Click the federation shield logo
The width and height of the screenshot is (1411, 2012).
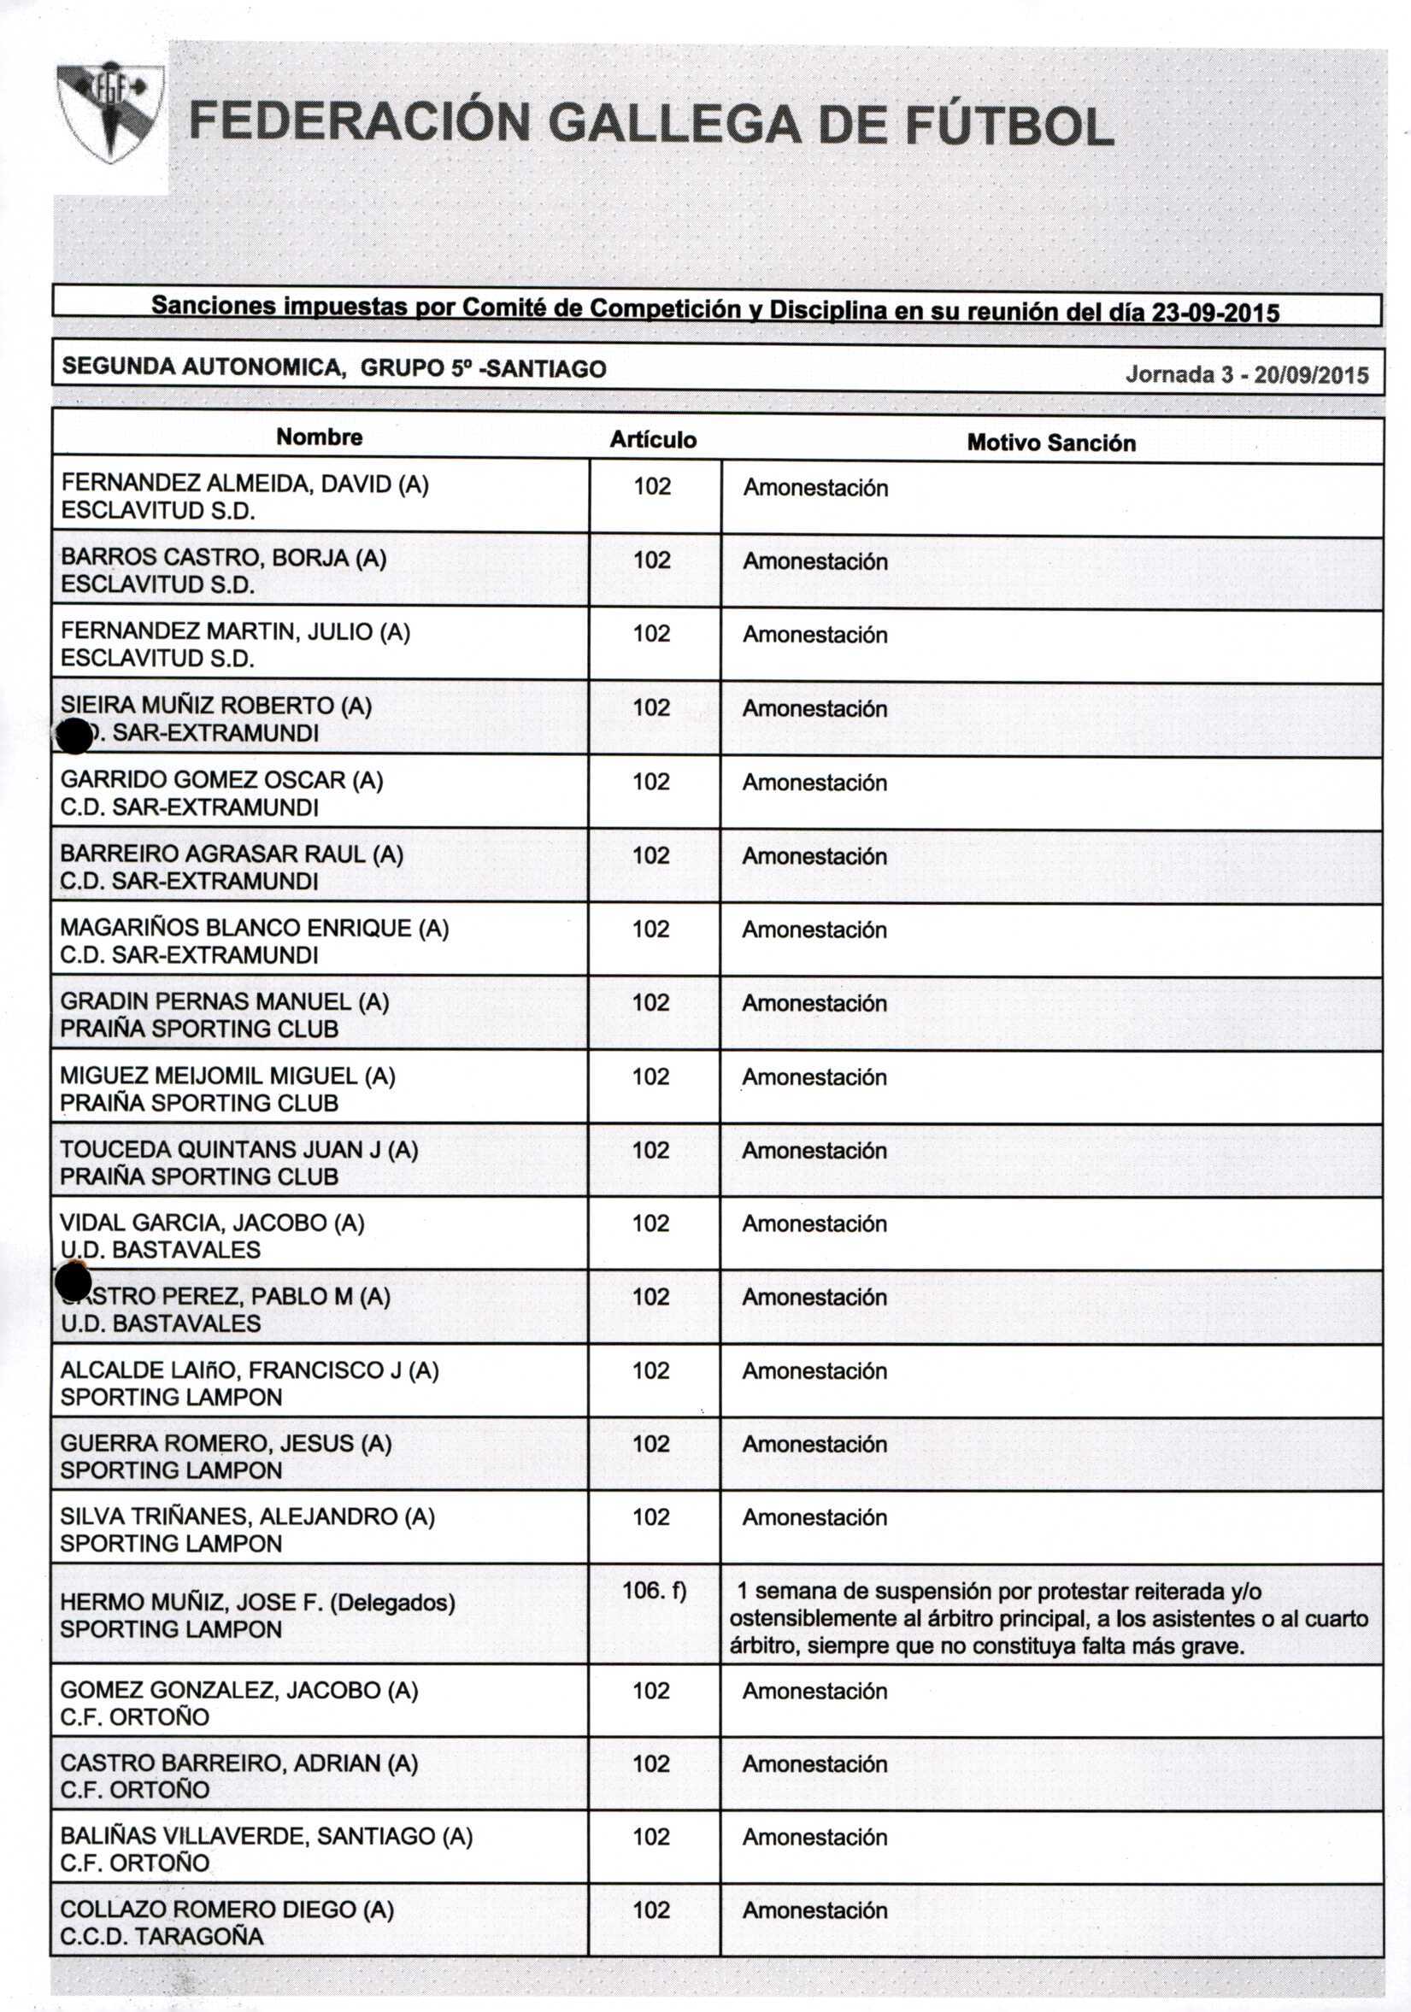(x=110, y=112)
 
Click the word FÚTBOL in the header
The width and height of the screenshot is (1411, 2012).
(x=1008, y=126)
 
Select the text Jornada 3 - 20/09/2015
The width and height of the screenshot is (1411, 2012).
(x=1246, y=375)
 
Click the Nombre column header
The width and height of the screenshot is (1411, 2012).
(x=319, y=437)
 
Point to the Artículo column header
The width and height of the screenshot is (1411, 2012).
(x=653, y=440)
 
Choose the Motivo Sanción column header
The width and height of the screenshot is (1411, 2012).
(x=1051, y=443)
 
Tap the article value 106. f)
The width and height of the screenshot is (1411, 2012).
(x=654, y=1590)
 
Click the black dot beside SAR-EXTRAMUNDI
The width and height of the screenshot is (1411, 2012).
(x=73, y=736)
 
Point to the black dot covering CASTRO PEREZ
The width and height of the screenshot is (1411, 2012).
(x=73, y=1283)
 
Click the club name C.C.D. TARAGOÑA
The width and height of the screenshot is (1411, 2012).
(x=162, y=1936)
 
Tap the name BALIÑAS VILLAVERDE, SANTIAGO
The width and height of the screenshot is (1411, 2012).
(x=266, y=1836)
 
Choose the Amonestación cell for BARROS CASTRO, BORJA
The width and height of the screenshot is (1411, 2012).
(x=815, y=561)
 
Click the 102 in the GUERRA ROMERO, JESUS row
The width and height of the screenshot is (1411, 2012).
(x=651, y=1443)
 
